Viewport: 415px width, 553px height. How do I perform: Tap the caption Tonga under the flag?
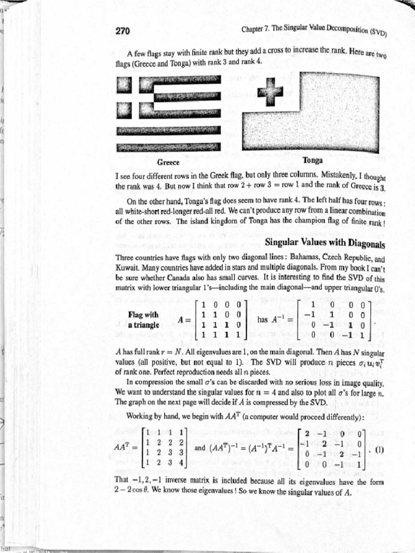[313, 160]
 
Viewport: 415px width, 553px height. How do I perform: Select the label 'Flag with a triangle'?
[143, 320]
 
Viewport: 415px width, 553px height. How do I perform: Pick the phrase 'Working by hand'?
[154, 415]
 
